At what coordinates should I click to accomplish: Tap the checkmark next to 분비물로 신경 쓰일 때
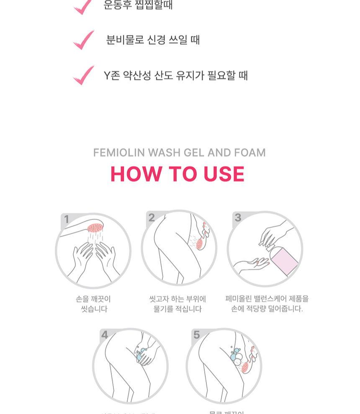(84, 40)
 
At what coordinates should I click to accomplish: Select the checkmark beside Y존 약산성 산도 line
(84, 75)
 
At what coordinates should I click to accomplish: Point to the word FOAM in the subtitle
(250, 153)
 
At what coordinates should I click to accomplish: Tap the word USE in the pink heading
(224, 174)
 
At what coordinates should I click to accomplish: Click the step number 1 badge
(67, 219)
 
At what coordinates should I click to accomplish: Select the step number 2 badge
(152, 217)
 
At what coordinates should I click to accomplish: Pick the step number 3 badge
(238, 217)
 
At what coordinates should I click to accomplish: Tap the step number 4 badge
(105, 335)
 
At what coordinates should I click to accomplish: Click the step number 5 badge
(196, 335)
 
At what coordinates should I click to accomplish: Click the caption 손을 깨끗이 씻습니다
(93, 304)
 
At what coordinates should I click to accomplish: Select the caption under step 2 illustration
(177, 304)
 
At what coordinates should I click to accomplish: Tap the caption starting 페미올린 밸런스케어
(267, 304)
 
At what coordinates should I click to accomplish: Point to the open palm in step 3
(251, 264)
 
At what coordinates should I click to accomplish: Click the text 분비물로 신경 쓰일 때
(153, 40)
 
